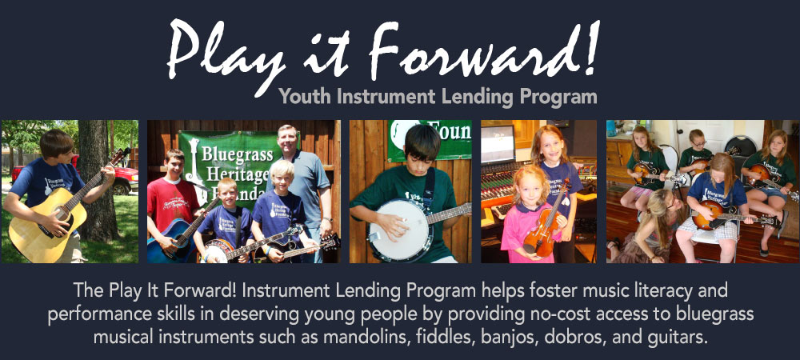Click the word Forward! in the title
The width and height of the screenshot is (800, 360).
coord(482,52)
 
